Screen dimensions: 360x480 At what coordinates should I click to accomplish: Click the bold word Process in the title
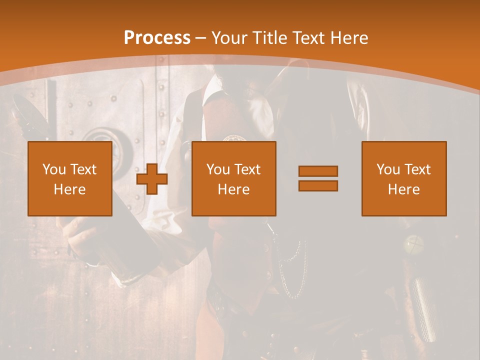(157, 37)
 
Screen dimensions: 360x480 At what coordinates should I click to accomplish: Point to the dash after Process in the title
(200, 38)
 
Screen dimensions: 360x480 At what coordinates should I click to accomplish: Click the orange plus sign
(152, 179)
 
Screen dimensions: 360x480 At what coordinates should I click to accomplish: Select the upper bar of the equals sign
(318, 171)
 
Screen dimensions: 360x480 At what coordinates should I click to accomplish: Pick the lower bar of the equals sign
(318, 186)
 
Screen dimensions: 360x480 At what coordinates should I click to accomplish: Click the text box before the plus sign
(70, 179)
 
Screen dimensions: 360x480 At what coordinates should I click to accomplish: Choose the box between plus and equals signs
(234, 179)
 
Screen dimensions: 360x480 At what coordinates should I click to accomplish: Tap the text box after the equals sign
(404, 179)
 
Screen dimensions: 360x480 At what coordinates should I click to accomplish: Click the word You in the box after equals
(388, 169)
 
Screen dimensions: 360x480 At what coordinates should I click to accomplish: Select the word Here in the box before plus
(70, 189)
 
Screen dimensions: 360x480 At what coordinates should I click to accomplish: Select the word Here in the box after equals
(404, 189)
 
